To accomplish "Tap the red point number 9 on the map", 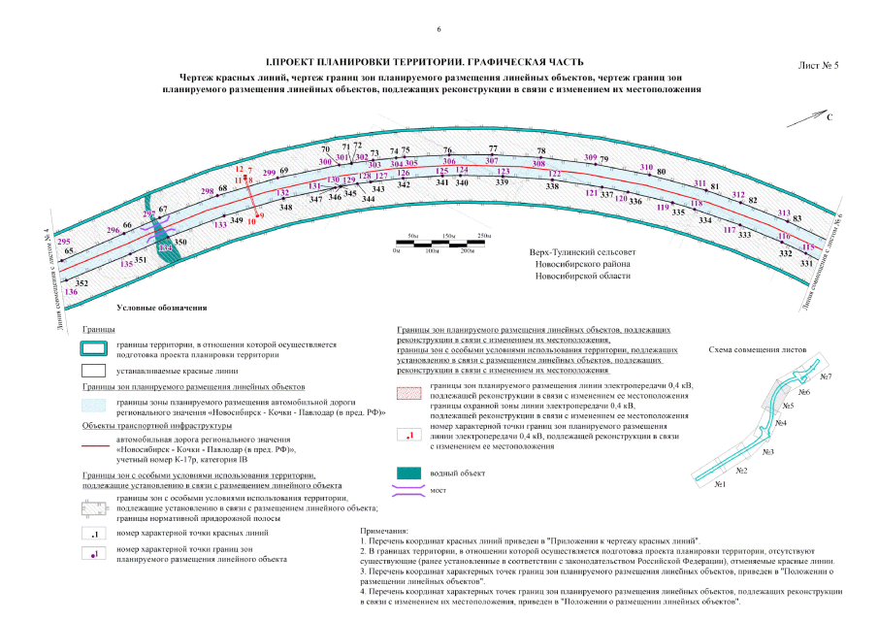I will tap(260, 215).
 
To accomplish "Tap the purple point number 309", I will tap(591, 157).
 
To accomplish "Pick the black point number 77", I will tap(493, 148).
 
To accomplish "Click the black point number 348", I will tap(286, 208).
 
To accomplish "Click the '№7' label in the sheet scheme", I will tap(827, 376).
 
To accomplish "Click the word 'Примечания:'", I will tap(385, 532).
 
